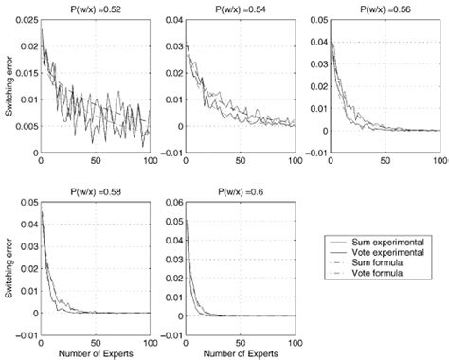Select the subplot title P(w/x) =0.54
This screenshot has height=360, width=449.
[239, 8]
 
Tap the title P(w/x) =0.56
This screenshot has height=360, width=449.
[383, 8]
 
